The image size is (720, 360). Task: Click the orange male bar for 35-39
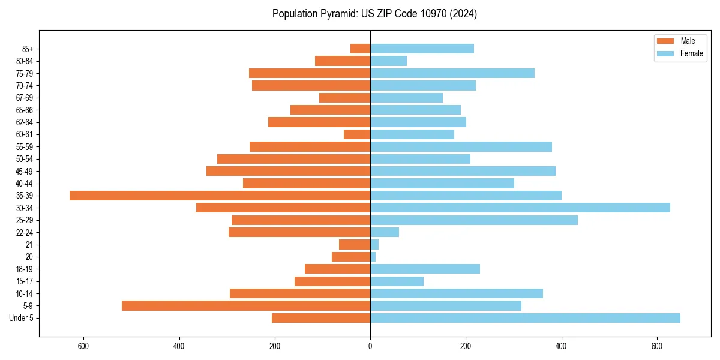pyautogui.click(x=220, y=196)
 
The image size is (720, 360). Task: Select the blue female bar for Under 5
pyautogui.click(x=525, y=318)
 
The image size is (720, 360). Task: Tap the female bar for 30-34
pyautogui.click(x=520, y=208)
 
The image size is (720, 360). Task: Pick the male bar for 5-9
pyautogui.click(x=246, y=305)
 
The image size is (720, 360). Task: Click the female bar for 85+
pyautogui.click(x=422, y=49)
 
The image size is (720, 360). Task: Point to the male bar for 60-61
pyautogui.click(x=357, y=134)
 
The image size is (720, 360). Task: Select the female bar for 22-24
pyautogui.click(x=385, y=232)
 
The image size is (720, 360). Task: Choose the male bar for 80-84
pyautogui.click(x=343, y=61)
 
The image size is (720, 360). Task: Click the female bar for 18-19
pyautogui.click(x=425, y=269)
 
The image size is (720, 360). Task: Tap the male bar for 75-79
pyautogui.click(x=310, y=73)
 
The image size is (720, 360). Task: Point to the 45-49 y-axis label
pyautogui.click(x=24, y=171)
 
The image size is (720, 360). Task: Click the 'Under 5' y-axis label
pyautogui.click(x=22, y=318)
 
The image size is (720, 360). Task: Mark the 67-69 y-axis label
pyautogui.click(x=24, y=98)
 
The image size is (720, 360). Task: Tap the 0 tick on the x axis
pyautogui.click(x=370, y=346)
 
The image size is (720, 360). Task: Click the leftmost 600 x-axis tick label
pyautogui.click(x=83, y=346)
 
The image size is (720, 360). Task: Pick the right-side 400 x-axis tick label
pyautogui.click(x=562, y=346)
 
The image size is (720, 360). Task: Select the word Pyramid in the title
pyautogui.click(x=337, y=14)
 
